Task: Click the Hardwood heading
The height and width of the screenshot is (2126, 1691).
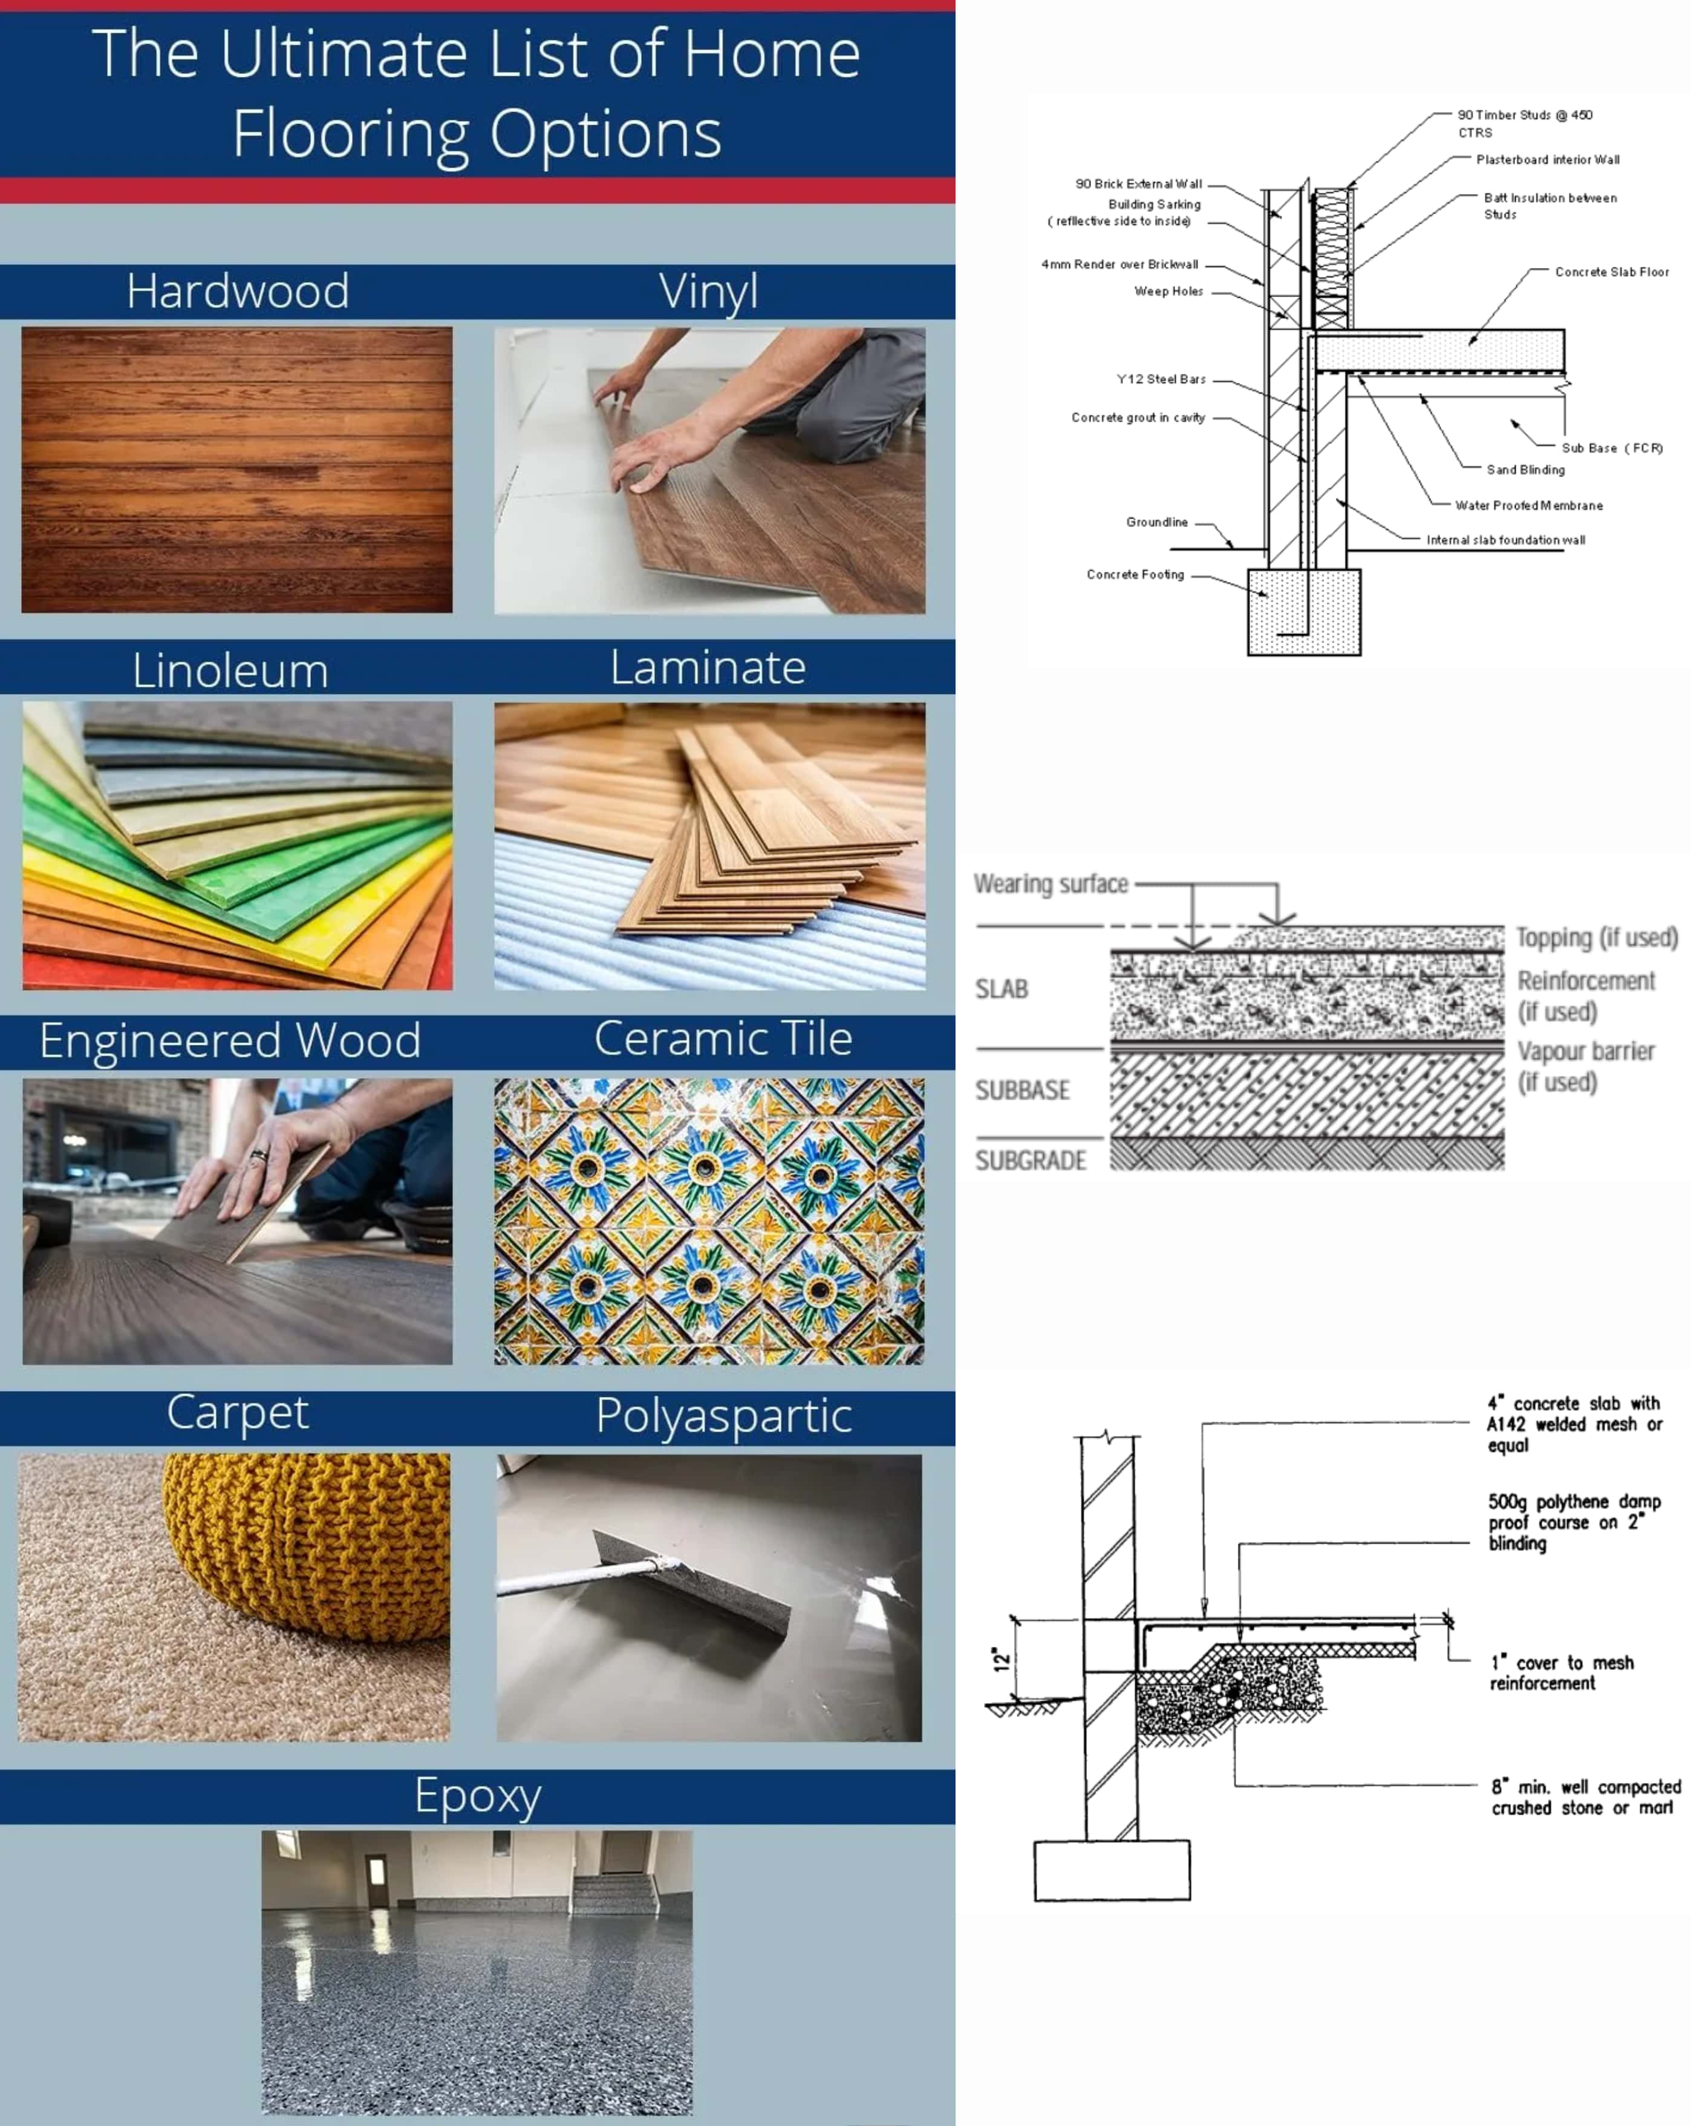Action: (x=238, y=291)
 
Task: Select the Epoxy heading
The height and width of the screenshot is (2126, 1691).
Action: (x=478, y=1797)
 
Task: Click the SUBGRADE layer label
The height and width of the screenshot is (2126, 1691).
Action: (x=1031, y=1160)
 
